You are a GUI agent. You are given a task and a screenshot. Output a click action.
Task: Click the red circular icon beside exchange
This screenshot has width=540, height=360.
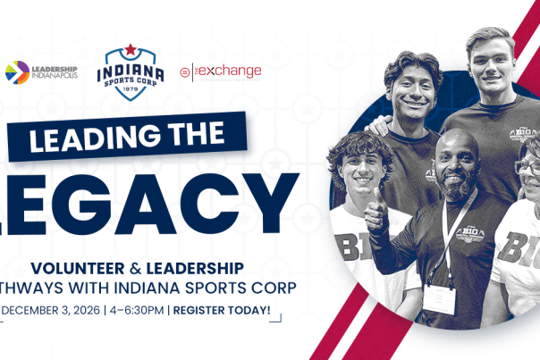tap(184, 70)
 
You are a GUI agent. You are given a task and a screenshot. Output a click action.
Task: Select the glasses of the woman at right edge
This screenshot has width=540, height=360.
tap(527, 167)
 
